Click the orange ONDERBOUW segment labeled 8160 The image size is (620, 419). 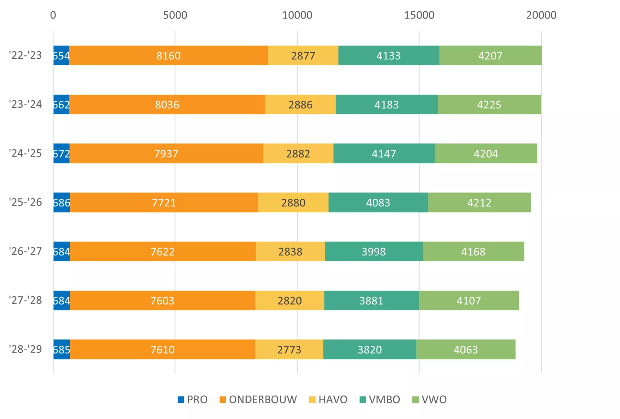pyautogui.click(x=168, y=55)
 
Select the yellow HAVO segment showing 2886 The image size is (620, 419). pyautogui.click(x=300, y=104)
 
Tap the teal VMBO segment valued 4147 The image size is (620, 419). pyautogui.click(x=384, y=153)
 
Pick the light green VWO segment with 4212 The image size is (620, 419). pyautogui.click(x=479, y=202)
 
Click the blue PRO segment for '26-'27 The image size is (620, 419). pyautogui.click(x=61, y=251)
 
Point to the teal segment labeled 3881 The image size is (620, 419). pyautogui.click(x=371, y=300)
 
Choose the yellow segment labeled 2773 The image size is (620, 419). pyautogui.click(x=289, y=349)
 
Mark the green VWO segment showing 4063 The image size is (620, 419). pyautogui.click(x=466, y=349)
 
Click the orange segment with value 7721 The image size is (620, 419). pyautogui.click(x=164, y=202)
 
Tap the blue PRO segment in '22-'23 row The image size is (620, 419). pyautogui.click(x=61, y=55)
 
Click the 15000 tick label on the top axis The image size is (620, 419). pyautogui.click(x=419, y=15)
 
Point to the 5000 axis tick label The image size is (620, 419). pyautogui.click(x=175, y=15)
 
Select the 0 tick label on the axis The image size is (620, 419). pyautogui.click(x=53, y=15)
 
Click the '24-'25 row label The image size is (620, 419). pyautogui.click(x=26, y=153)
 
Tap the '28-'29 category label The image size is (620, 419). pyautogui.click(x=26, y=349)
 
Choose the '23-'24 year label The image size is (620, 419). pyautogui.click(x=26, y=104)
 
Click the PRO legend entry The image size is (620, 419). pyautogui.click(x=192, y=400)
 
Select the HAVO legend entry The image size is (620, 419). pyautogui.click(x=328, y=400)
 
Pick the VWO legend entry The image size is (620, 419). pyautogui.click(x=429, y=400)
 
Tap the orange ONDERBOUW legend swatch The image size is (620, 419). pyautogui.click(x=222, y=400)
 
